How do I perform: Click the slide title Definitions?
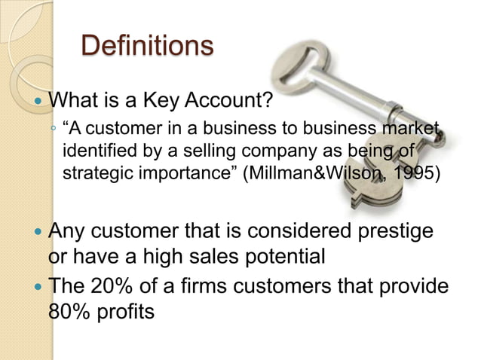click(147, 45)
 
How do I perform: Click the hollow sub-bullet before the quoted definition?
click(53, 129)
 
